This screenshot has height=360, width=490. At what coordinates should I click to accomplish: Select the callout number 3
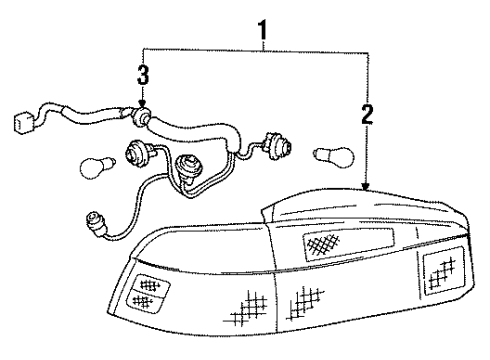pyautogui.click(x=144, y=76)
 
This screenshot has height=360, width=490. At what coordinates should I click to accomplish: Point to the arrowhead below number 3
pyautogui.click(x=144, y=102)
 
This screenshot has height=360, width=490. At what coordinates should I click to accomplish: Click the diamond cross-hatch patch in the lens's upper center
pyautogui.click(x=322, y=242)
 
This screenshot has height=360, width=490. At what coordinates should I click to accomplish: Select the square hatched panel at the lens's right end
pyautogui.click(x=439, y=268)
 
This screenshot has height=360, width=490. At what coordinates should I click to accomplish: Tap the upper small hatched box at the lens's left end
pyautogui.click(x=151, y=284)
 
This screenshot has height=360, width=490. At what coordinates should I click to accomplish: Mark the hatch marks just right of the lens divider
pyautogui.click(x=306, y=298)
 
